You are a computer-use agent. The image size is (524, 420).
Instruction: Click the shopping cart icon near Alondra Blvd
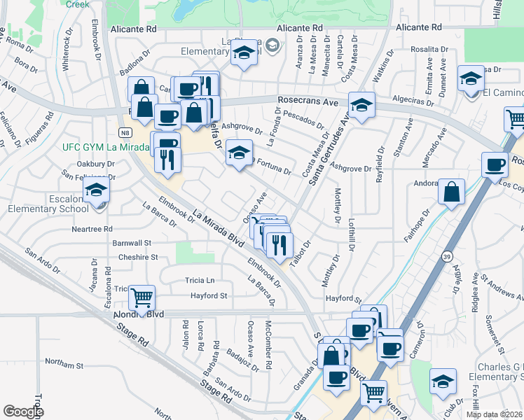[x=142, y=298]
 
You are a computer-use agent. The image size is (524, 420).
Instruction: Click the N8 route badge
[x=124, y=132]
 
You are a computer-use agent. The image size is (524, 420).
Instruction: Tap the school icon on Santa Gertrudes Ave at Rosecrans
[x=361, y=106]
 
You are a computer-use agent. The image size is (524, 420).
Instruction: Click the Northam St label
[x=64, y=365]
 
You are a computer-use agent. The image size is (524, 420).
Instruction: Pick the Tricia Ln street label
[x=200, y=280]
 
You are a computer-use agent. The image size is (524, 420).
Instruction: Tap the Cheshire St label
[x=137, y=257]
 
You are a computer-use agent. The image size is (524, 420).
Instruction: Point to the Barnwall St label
[x=132, y=243]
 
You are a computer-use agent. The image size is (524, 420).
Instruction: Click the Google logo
[x=23, y=412]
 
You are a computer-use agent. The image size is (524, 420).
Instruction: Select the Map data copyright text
[x=494, y=414]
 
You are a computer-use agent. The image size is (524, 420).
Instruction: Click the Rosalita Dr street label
[x=430, y=49]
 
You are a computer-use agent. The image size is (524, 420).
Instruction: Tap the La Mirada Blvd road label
[x=217, y=231]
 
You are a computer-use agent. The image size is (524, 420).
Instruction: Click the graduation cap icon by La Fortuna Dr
[x=239, y=153]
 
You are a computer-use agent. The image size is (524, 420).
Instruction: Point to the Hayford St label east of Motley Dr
[x=343, y=299]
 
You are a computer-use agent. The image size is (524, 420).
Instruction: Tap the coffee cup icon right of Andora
[x=495, y=165]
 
